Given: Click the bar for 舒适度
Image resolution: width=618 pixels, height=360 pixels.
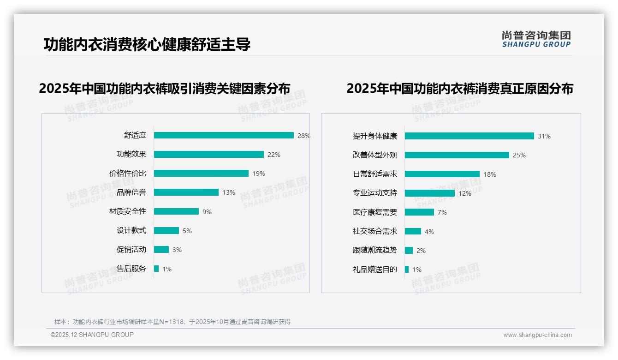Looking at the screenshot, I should point(224,135).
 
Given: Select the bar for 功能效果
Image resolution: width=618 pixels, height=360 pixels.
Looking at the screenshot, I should point(209,155).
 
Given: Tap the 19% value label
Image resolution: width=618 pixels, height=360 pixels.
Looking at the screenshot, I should point(259,174).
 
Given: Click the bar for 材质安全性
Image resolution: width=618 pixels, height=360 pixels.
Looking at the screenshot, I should point(176,211).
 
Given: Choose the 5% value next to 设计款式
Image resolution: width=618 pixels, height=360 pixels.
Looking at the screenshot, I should point(187,231).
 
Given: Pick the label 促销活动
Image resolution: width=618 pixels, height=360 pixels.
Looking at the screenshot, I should point(131,250).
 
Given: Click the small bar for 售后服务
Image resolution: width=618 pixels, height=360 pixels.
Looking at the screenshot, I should point(156,269).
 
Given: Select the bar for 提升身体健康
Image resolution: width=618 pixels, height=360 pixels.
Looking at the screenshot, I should point(469,136).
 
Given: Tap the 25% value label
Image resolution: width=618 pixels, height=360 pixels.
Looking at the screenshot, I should point(519,155).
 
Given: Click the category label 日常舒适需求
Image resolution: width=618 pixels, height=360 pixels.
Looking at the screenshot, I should point(374,174).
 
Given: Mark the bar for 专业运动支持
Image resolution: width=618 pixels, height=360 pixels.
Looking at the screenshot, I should point(429,193).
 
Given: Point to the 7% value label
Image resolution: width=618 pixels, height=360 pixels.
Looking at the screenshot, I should point(442,212).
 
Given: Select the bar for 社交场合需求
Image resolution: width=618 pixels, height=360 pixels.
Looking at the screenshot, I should point(413,231).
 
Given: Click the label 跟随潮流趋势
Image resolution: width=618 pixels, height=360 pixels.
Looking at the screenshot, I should point(374,250).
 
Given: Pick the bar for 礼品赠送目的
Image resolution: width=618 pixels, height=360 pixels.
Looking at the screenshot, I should point(407,270).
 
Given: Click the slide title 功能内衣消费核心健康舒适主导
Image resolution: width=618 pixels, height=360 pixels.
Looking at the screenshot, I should point(147,44).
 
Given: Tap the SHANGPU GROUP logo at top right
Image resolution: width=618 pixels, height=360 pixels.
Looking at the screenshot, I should point(536,39).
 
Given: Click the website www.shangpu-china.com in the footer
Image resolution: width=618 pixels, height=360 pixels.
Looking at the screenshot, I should point(537,335).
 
